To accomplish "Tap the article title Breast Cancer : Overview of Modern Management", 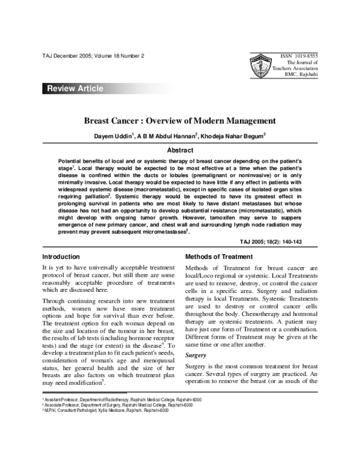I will [179, 120].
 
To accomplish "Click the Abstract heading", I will [179, 150].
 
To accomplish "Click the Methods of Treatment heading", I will [219, 256].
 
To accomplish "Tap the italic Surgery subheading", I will [197, 356].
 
